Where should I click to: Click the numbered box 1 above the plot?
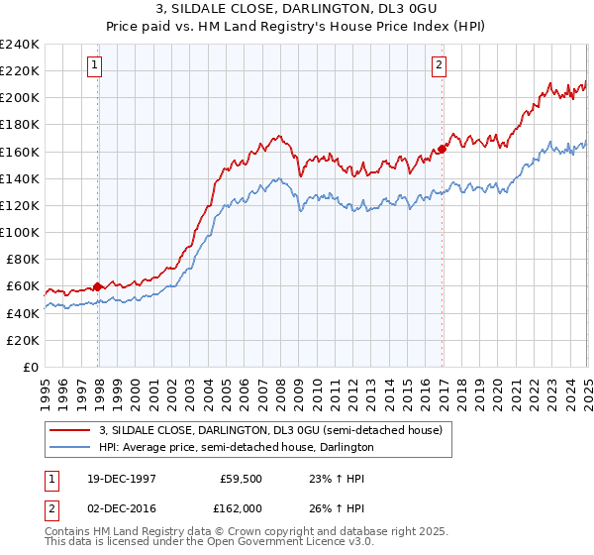click(94, 66)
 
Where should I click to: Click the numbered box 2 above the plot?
click(438, 66)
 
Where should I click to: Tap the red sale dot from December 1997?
click(98, 286)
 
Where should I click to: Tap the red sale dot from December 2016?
click(442, 149)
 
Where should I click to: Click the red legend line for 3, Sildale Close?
click(69, 430)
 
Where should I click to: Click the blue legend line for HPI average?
click(69, 448)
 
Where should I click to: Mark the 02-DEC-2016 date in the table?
click(120, 507)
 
